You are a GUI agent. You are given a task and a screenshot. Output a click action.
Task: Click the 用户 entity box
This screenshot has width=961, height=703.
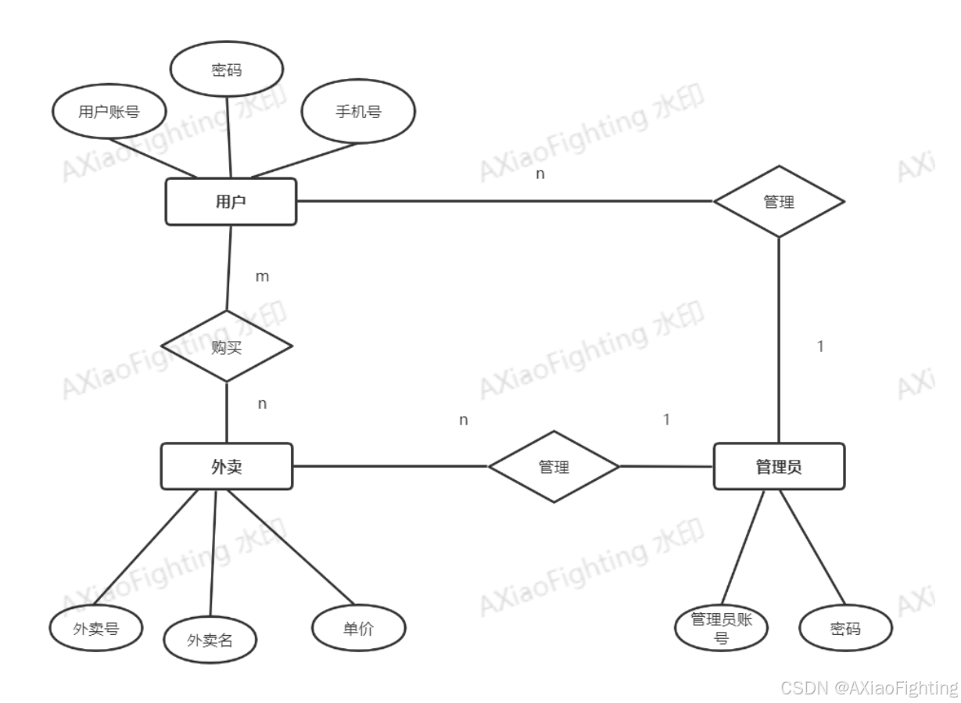pyautogui.click(x=231, y=202)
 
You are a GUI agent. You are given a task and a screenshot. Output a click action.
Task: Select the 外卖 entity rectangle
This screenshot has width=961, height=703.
pyautogui.click(x=227, y=467)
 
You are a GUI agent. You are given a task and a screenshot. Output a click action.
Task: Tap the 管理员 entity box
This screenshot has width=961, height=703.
pyautogui.click(x=779, y=467)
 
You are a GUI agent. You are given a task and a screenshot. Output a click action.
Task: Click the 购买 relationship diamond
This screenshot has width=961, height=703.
pyautogui.click(x=227, y=346)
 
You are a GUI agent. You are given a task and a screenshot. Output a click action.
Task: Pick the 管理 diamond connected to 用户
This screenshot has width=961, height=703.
pyautogui.click(x=779, y=202)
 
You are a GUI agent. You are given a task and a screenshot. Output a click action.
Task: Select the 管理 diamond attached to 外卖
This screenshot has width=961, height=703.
pyautogui.click(x=554, y=467)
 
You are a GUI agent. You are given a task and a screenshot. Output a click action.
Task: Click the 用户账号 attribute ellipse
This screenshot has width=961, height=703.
pyautogui.click(x=109, y=112)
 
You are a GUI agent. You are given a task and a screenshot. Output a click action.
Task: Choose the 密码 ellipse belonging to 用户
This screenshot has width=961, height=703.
pyautogui.click(x=227, y=70)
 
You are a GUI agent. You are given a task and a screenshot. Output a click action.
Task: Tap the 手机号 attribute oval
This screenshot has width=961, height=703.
pyautogui.click(x=359, y=112)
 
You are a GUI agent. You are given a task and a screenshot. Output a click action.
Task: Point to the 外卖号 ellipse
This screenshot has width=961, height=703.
pyautogui.click(x=95, y=627)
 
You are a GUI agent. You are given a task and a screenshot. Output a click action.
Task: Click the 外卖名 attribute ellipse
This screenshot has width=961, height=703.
pyautogui.click(x=210, y=640)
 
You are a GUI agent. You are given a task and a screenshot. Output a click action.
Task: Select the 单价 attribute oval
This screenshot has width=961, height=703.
pyautogui.click(x=359, y=627)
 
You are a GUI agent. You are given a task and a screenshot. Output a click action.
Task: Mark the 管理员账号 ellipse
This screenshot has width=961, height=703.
pyautogui.click(x=722, y=627)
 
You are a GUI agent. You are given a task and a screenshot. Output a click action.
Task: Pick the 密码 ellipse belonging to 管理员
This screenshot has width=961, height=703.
pyautogui.click(x=846, y=627)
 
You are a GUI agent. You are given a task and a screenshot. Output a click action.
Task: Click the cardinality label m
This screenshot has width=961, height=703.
pyautogui.click(x=263, y=276)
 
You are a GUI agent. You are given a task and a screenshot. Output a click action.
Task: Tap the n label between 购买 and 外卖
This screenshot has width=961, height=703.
pyautogui.click(x=263, y=404)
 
